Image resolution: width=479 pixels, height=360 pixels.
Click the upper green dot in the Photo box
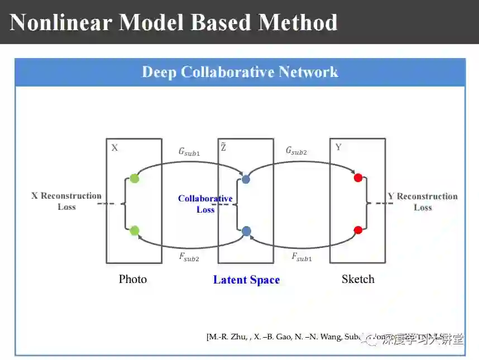(134, 179)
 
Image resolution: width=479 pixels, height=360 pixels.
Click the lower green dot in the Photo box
(134, 231)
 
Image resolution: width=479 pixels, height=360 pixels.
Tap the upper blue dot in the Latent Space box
(246, 179)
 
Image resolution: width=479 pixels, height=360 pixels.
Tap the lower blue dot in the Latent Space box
(246, 231)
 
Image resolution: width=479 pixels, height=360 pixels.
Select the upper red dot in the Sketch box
(358, 178)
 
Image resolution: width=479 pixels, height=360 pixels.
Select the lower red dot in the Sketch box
(358, 230)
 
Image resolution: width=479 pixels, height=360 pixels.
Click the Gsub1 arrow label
(189, 151)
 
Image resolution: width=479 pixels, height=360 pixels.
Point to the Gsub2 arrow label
(296, 151)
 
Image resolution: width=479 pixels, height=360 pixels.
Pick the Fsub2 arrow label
(189, 257)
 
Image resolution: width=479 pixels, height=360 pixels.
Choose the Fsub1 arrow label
(302, 257)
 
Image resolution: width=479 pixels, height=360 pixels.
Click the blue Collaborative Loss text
(205, 204)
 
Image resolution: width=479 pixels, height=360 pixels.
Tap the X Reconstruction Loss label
(66, 201)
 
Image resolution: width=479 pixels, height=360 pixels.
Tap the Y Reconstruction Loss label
(423, 201)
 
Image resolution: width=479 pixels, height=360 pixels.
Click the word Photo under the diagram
(133, 279)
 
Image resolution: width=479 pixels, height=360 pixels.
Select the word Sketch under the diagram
(358, 279)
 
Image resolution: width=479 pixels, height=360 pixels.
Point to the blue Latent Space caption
(246, 280)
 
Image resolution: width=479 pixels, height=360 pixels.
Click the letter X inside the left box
(114, 148)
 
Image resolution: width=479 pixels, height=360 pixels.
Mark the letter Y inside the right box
(338, 147)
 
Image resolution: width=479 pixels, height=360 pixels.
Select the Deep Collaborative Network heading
(240, 72)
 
